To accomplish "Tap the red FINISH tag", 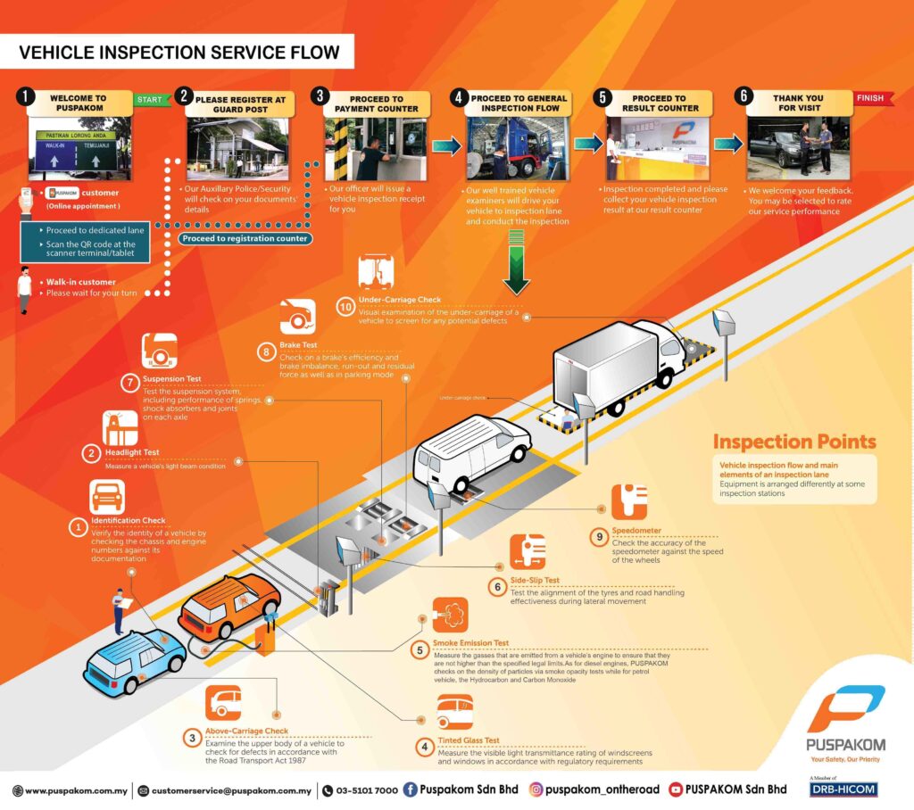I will pyautogui.click(x=871, y=98).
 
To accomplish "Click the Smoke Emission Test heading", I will pyautogui.click(x=470, y=642).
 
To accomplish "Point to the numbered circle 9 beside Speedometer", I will pyautogui.click(x=598, y=536).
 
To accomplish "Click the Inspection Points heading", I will pyautogui.click(x=794, y=442).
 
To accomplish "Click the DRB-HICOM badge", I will pyautogui.click(x=842, y=789).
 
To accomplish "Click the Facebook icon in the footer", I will pyautogui.click(x=411, y=789).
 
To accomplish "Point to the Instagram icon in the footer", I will pyautogui.click(x=536, y=789).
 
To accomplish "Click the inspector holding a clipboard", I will pyautogui.click(x=120, y=609).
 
